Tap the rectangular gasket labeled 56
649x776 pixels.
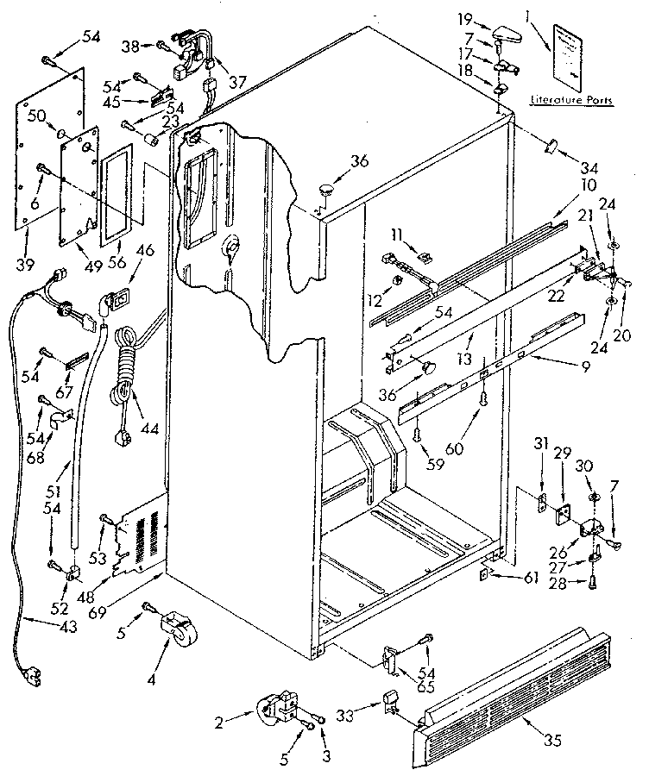pyautogui.click(x=118, y=184)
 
